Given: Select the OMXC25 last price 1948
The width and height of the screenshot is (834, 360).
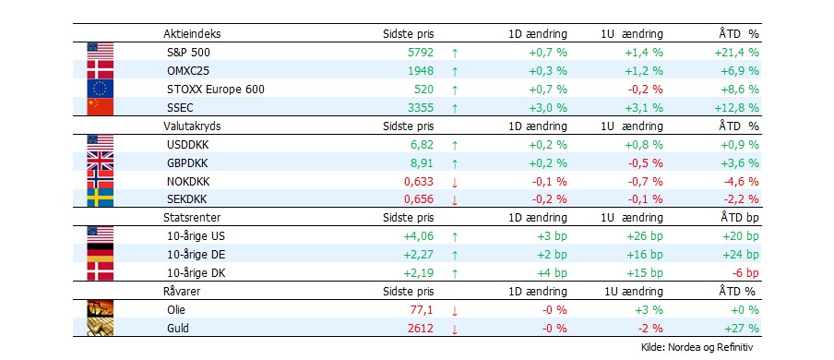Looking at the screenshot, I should [x=420, y=71].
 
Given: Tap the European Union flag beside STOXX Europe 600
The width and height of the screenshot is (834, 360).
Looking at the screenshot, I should [x=98, y=89].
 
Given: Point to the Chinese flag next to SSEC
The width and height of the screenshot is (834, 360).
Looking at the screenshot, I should [x=98, y=107].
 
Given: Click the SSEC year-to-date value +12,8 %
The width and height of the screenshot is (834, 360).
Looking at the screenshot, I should [x=736, y=107].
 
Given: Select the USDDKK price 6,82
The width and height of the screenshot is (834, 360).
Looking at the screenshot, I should [x=422, y=144].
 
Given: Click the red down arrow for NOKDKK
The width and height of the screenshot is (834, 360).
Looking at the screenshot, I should [x=454, y=182].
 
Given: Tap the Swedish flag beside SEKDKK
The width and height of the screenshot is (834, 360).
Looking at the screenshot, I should [x=98, y=198].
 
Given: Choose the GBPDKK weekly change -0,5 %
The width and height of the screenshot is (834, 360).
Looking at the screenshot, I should [x=644, y=162].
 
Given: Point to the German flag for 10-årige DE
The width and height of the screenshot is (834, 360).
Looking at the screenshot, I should [x=98, y=254].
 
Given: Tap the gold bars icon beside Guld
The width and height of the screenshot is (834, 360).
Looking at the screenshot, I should [x=98, y=328].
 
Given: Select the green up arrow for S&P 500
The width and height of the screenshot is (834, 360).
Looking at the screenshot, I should [x=454, y=54].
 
